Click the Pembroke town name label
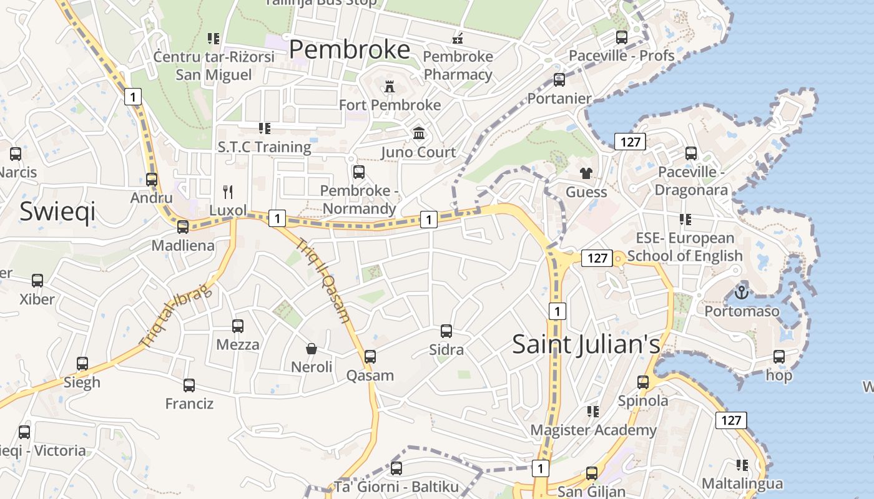tap(350, 49)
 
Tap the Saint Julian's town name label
tap(586, 344)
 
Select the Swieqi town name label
tap(57, 211)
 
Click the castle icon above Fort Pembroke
tap(390, 86)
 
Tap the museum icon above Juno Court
tap(419, 133)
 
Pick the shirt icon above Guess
tap(586, 173)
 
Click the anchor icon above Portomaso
tap(742, 291)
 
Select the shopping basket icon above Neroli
tap(312, 348)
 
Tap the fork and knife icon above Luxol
tap(228, 191)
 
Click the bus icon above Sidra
tap(446, 331)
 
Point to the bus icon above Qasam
tap(370, 357)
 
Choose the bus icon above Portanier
tap(559, 80)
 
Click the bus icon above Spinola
tap(643, 382)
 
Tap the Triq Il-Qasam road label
tap(322, 281)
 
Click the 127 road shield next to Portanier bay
tap(630, 142)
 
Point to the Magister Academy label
tap(593, 430)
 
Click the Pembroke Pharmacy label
tap(458, 65)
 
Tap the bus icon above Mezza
tap(238, 326)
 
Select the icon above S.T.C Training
tap(265, 128)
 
